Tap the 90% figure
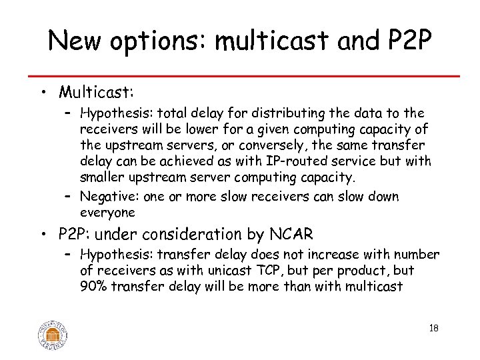(x=93, y=287)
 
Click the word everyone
(x=107, y=213)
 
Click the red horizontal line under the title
(x=240, y=75)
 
